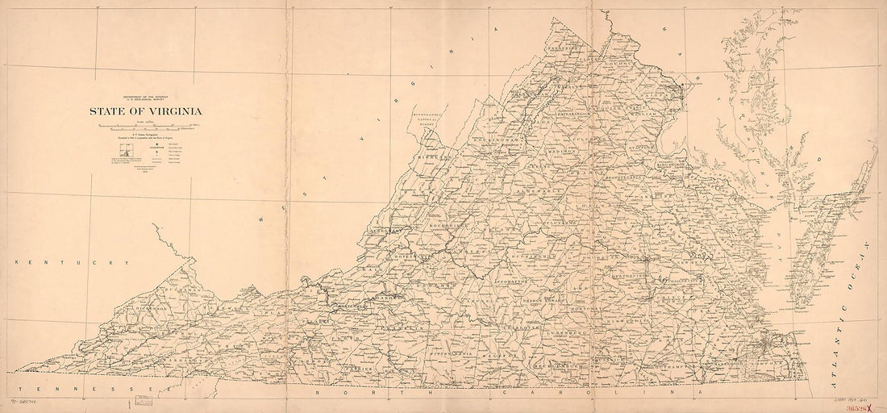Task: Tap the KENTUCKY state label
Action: tap(73, 264)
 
